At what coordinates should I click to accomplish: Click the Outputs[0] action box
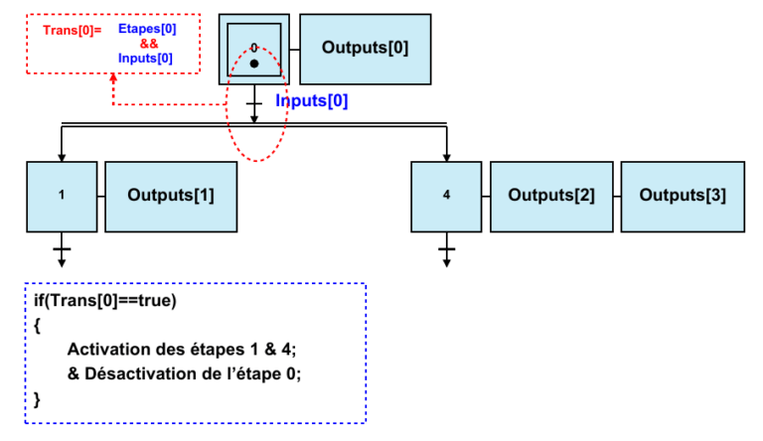click(365, 48)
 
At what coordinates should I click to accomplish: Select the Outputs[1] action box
click(170, 195)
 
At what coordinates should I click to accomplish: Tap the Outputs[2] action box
click(551, 195)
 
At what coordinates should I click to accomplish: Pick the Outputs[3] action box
click(683, 195)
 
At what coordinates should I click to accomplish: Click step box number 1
click(61, 195)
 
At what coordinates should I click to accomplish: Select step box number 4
click(445, 195)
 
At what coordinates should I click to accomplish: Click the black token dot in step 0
click(254, 64)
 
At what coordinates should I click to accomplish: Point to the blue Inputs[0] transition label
click(311, 101)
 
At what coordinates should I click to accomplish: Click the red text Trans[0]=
click(72, 31)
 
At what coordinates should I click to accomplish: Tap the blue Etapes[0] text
click(146, 29)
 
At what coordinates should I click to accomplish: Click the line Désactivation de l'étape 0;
click(184, 373)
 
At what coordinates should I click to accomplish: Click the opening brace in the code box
click(38, 324)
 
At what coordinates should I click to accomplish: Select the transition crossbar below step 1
click(61, 246)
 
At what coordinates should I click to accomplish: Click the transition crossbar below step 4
click(446, 246)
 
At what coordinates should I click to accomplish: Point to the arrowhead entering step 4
click(446, 156)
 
